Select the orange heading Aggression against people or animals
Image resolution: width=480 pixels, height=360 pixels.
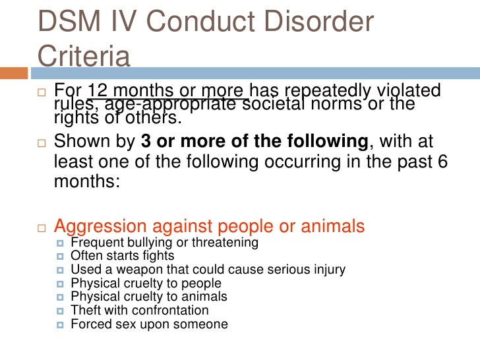209,226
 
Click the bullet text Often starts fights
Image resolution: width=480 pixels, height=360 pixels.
123,256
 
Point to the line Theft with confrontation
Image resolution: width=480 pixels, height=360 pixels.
140,310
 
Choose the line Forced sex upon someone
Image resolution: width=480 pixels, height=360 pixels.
149,324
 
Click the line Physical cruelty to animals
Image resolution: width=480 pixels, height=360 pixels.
149,297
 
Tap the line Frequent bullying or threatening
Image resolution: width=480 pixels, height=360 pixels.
164,243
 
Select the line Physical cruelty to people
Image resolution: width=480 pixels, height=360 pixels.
144,284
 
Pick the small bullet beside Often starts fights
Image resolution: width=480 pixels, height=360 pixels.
61,256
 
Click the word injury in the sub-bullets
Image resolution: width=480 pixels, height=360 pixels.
328,270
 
